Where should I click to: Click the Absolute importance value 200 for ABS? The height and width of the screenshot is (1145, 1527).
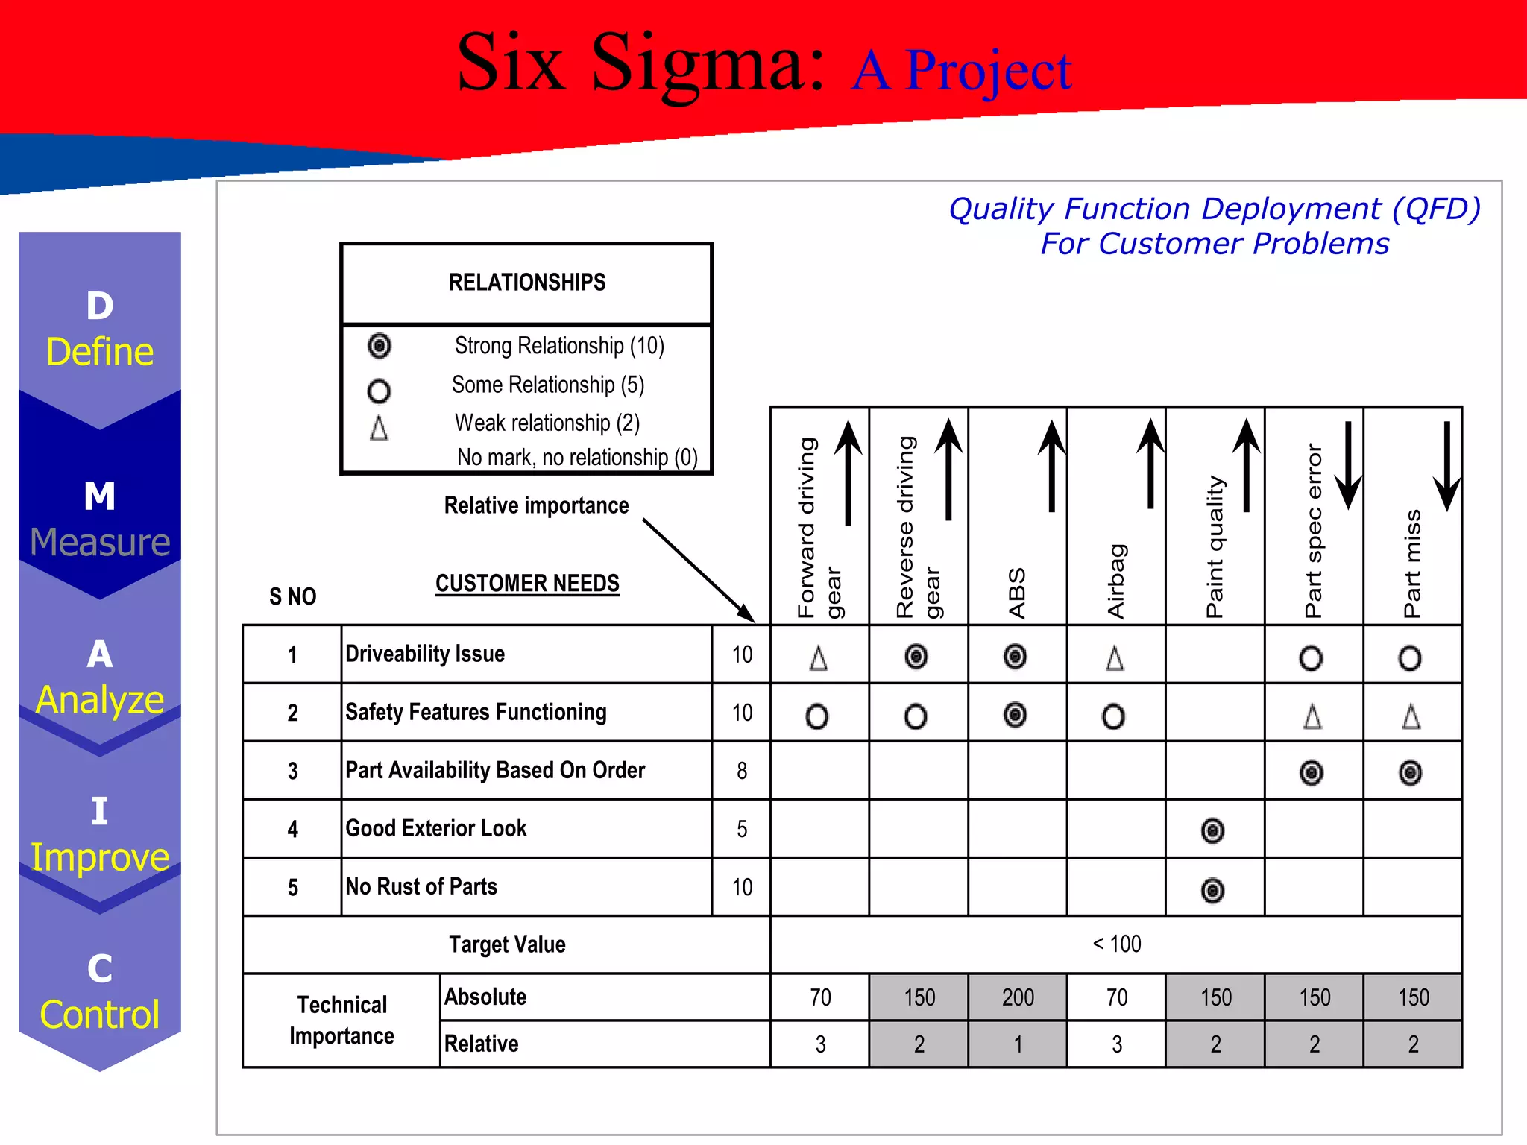pos(1018,997)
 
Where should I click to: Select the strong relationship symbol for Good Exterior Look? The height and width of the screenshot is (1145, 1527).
pos(1213,830)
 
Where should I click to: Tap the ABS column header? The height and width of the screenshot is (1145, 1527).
pos(1017,593)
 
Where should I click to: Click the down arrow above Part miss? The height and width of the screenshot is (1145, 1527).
pos(1446,467)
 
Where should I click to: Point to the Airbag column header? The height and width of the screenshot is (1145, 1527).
pos(1116,581)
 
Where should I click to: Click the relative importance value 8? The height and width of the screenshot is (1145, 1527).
pos(742,771)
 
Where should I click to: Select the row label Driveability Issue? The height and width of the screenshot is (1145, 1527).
pos(425,654)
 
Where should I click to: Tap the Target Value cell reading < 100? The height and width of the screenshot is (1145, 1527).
pos(1116,944)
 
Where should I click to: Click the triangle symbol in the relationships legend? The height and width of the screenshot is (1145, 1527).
pos(379,428)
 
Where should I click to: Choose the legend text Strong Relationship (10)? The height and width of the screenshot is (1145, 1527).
pos(559,346)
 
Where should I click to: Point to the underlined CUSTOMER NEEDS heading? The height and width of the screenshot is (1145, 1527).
pos(527,584)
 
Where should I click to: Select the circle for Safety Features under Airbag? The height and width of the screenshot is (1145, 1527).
pos(1113,716)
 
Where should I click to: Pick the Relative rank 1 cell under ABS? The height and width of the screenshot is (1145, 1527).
pos(1018,1044)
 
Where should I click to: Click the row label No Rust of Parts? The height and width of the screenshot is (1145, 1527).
pos(421,887)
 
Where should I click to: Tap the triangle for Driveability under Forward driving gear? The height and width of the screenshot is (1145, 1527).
pos(819,658)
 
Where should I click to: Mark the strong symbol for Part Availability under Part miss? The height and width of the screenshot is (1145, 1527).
pos(1410,773)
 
